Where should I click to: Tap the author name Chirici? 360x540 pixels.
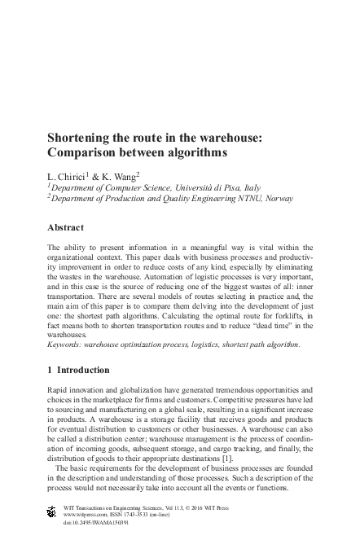[74, 175]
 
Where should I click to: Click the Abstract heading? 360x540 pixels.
[68, 228]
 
